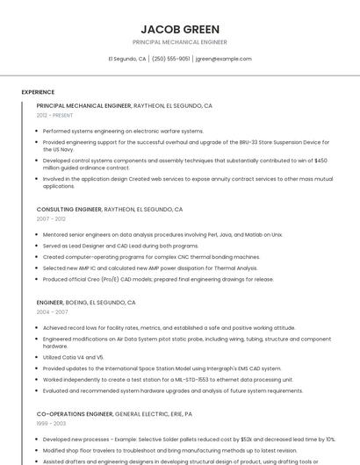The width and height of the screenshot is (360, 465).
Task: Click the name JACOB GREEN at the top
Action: [x=179, y=29]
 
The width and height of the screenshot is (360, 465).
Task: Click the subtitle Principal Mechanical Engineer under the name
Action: [x=179, y=42]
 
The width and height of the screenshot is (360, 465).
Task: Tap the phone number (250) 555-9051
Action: [x=170, y=59]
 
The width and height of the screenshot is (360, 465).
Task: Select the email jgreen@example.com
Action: [x=223, y=59]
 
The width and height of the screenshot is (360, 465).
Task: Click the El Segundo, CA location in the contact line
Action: [x=126, y=59]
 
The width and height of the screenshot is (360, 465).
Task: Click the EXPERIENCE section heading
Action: [x=38, y=92]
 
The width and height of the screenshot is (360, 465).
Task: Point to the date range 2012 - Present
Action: [x=54, y=115]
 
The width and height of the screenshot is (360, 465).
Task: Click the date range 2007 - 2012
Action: [x=51, y=219]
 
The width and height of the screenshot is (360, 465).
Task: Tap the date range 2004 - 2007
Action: [x=52, y=311]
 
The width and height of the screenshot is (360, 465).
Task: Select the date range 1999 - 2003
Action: [x=51, y=422]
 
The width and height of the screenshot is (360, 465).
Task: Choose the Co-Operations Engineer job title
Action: [x=75, y=412]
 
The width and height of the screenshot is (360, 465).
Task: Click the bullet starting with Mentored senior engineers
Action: [x=162, y=235]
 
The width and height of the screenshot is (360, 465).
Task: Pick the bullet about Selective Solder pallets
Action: [x=189, y=439]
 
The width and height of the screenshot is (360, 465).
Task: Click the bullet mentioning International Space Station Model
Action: [x=162, y=368]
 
